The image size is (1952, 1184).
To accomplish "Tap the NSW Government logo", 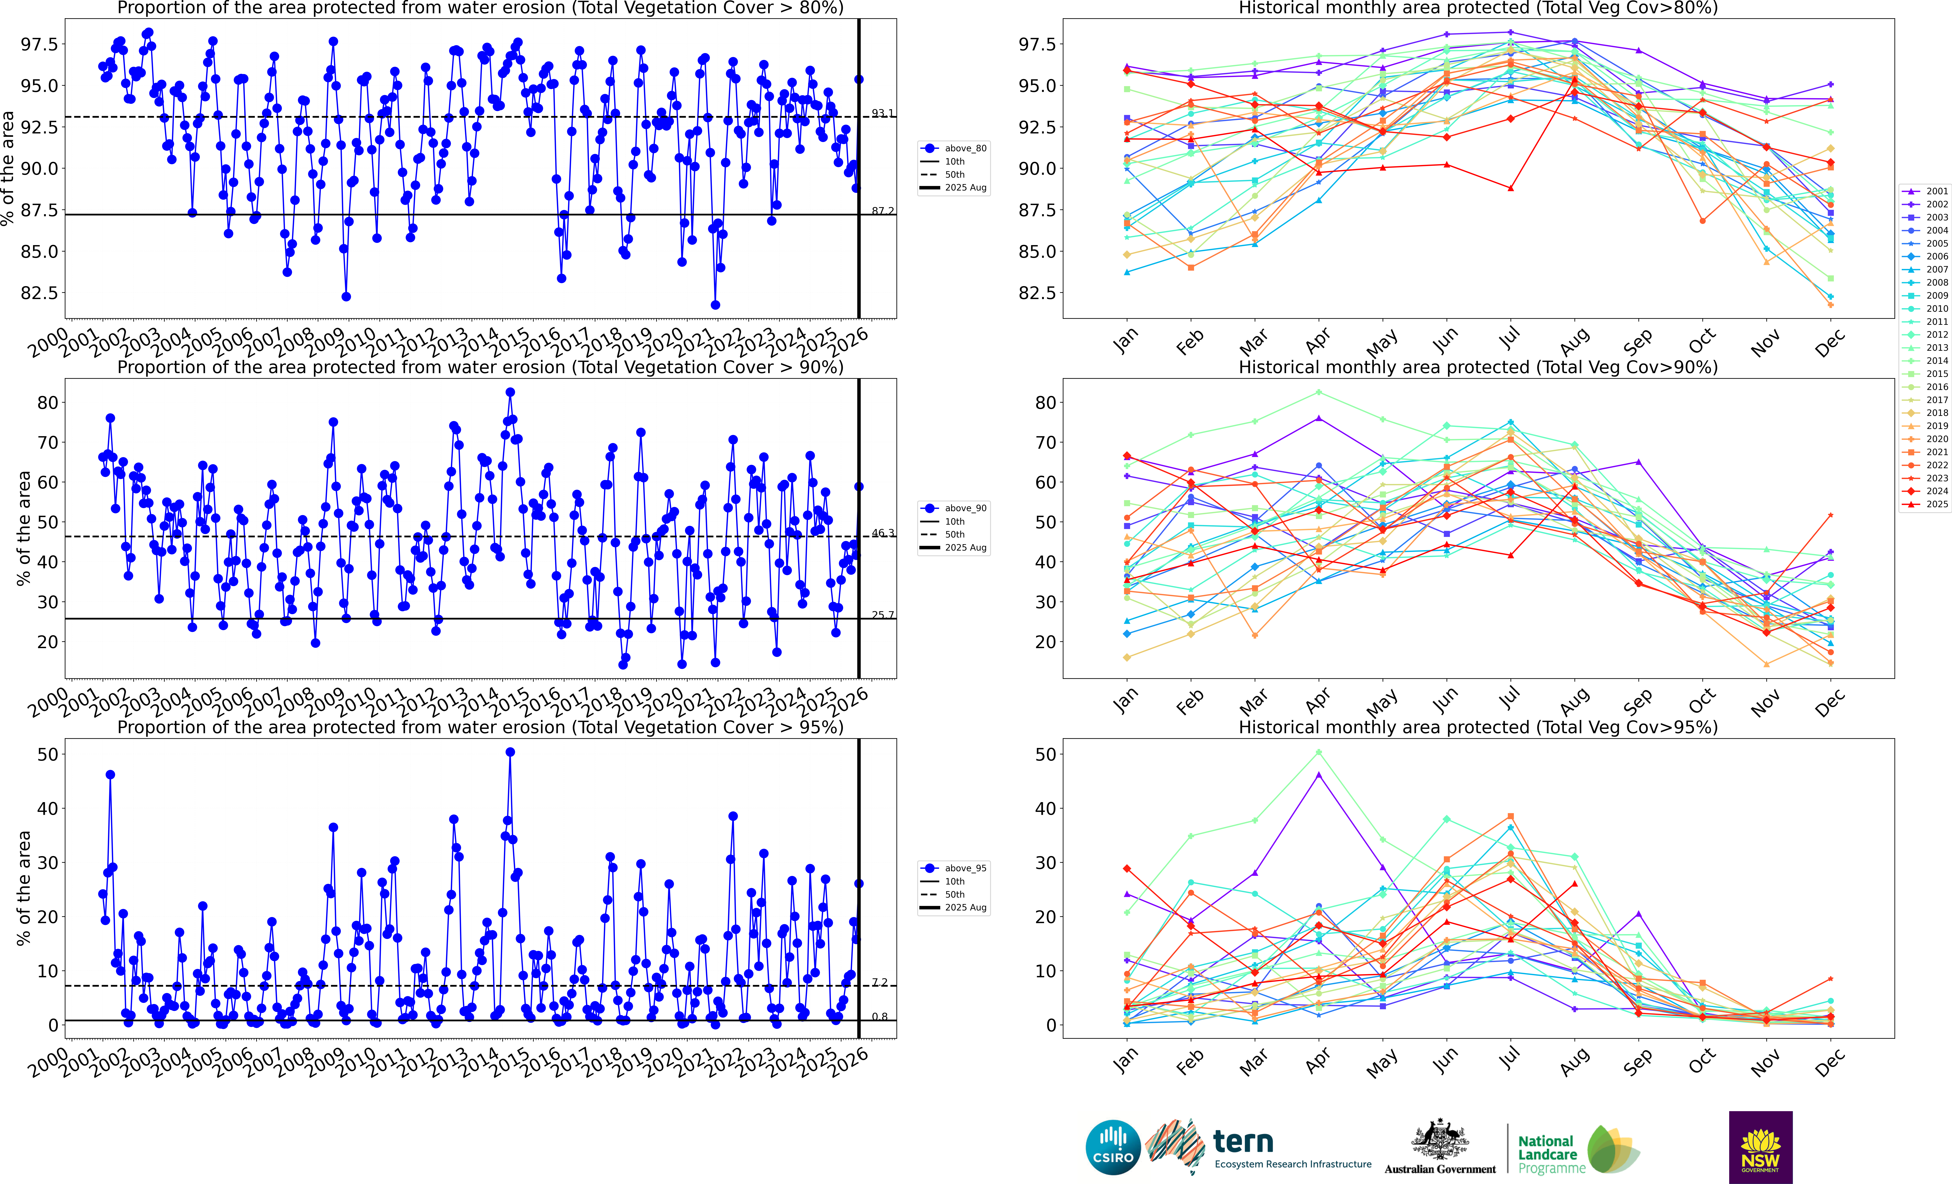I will pyautogui.click(x=1760, y=1147).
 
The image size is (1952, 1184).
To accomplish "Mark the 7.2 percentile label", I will pyautogui.click(x=879, y=982).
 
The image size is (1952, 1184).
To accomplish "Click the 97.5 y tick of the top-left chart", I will pyautogui.click(x=40, y=44).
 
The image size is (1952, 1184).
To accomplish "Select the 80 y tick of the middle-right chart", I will pyautogui.click(x=1046, y=402).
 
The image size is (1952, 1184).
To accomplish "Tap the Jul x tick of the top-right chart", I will pyautogui.click(x=1509, y=339).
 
